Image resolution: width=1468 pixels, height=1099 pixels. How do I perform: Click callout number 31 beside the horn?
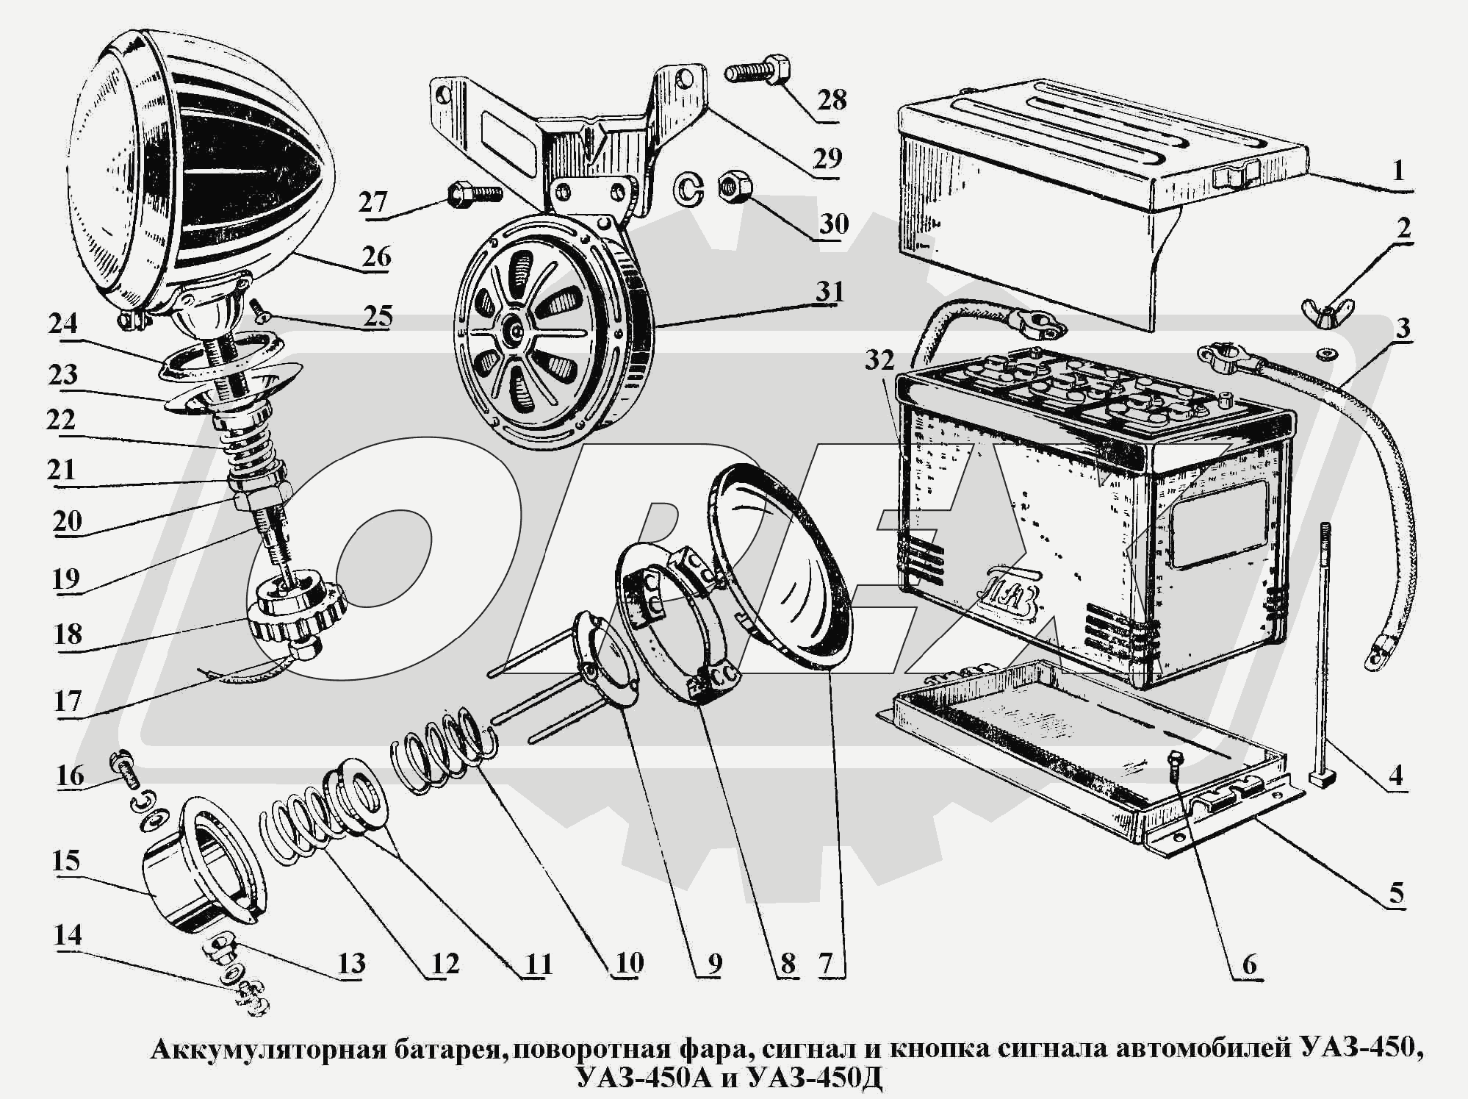click(830, 292)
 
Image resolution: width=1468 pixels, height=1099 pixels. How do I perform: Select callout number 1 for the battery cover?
click(1398, 171)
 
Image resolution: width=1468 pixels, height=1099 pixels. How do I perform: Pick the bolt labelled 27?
click(474, 194)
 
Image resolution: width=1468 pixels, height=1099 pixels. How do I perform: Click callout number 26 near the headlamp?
click(375, 257)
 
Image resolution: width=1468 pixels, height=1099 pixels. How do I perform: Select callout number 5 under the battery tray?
click(1395, 892)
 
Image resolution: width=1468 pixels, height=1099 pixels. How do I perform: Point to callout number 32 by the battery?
click(879, 360)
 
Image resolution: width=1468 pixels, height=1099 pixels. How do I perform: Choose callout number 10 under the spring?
click(628, 963)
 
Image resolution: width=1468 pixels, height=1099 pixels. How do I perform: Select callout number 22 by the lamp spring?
click(60, 420)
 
